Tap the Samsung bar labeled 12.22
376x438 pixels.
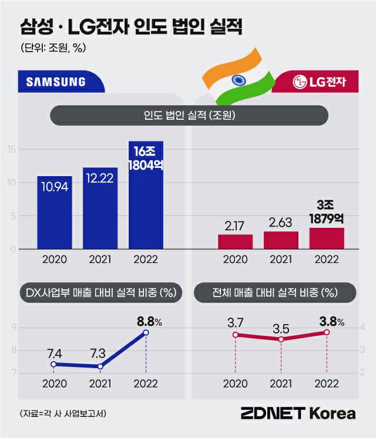tap(100, 208)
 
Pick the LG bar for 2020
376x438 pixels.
tap(235, 242)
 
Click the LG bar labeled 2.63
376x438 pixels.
tap(281, 240)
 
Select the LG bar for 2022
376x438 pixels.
tap(327, 238)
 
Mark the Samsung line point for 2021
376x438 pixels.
tap(100, 366)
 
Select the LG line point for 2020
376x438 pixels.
tap(235, 335)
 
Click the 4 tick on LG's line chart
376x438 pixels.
tap(363, 327)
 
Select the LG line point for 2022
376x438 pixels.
tap(327, 332)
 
